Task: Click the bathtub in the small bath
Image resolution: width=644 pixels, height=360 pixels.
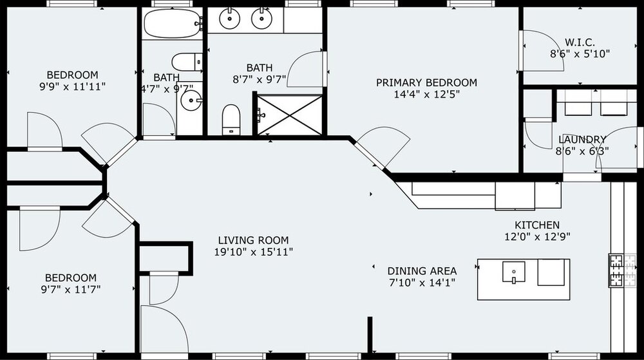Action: tap(173, 23)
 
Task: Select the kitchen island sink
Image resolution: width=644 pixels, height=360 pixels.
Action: tap(514, 272)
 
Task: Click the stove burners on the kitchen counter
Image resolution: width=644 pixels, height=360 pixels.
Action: tap(617, 270)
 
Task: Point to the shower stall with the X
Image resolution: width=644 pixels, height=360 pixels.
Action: tap(290, 115)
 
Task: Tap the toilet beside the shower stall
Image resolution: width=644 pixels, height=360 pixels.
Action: tap(231, 119)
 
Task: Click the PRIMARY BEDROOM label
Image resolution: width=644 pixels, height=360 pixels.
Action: tap(427, 82)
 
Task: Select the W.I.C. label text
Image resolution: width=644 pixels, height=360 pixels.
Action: tap(580, 43)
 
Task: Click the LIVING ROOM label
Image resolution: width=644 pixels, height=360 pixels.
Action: tap(253, 240)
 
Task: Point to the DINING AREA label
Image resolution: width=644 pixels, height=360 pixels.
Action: tap(422, 271)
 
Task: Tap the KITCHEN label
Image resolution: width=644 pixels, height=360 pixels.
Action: tap(537, 225)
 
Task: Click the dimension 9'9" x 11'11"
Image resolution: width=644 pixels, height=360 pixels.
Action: tap(72, 86)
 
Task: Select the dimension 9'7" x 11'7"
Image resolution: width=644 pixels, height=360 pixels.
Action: tap(71, 289)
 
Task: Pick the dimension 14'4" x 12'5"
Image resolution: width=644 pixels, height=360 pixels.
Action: tap(427, 95)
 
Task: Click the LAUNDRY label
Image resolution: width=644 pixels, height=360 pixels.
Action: tap(582, 140)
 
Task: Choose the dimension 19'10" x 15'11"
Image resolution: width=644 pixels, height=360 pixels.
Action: tap(253, 252)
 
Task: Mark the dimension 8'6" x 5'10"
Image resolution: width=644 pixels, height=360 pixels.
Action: tap(580, 53)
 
